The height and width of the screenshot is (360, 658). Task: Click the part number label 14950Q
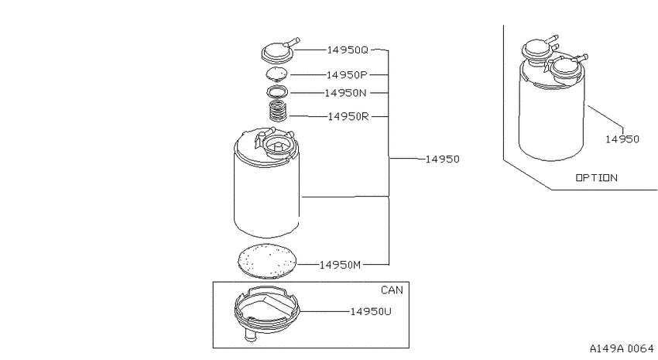click(x=347, y=50)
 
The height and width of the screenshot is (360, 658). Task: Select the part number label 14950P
click(x=347, y=74)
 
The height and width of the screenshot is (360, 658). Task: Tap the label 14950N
click(x=345, y=93)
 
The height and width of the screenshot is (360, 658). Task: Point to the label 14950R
click(x=348, y=116)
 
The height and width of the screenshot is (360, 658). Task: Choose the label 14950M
click(x=340, y=265)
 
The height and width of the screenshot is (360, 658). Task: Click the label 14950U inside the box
click(x=371, y=311)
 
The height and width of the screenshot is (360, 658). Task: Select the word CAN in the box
click(x=392, y=290)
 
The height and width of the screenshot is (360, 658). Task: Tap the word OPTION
click(x=596, y=178)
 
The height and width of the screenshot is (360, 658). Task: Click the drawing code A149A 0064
click(x=622, y=348)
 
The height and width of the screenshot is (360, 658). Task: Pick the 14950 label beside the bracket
click(x=442, y=159)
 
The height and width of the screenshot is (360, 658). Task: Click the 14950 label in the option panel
click(x=622, y=139)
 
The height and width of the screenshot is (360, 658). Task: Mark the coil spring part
click(x=277, y=111)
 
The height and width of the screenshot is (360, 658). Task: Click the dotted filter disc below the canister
click(x=267, y=261)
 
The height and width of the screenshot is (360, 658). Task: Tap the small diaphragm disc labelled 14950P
click(x=277, y=74)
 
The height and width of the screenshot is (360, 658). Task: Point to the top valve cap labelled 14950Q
click(x=279, y=52)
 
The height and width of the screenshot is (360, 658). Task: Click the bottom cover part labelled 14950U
click(x=267, y=309)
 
